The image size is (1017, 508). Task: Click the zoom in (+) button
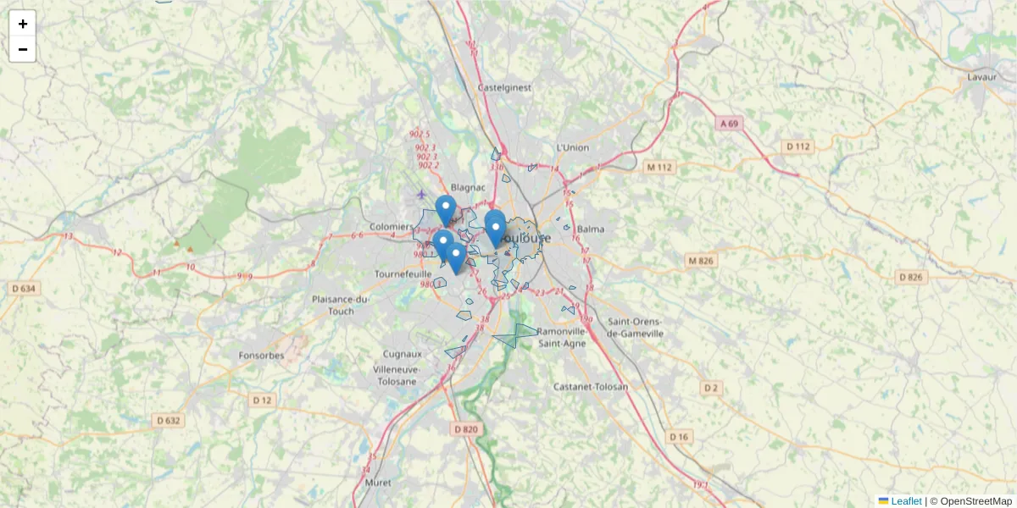(x=23, y=24)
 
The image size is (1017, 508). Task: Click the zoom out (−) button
(x=23, y=49)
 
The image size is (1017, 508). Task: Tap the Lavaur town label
(x=981, y=77)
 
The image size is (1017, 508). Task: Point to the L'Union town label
(x=572, y=147)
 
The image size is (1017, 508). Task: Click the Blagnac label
(x=468, y=187)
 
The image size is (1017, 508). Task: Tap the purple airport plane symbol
(x=422, y=195)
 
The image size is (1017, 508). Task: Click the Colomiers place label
(x=391, y=227)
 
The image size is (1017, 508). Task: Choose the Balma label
(x=590, y=229)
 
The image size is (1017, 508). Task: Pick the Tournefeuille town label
(x=403, y=274)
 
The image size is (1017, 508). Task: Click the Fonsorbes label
(x=261, y=356)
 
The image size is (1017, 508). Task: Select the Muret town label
(x=377, y=482)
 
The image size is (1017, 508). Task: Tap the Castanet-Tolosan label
(x=590, y=387)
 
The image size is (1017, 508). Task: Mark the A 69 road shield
(x=730, y=124)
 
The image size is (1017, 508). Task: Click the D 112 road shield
(x=798, y=146)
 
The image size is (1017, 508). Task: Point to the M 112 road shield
(x=659, y=168)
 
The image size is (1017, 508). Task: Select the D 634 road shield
(x=24, y=289)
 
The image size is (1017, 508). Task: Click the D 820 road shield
(x=466, y=429)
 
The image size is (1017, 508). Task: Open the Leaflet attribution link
(x=906, y=501)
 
